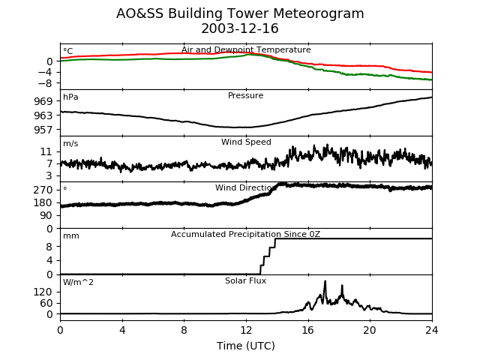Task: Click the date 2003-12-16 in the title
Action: click(x=240, y=29)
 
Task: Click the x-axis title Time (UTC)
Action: click(x=246, y=346)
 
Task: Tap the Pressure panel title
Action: click(x=246, y=96)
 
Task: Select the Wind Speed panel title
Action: click(x=246, y=142)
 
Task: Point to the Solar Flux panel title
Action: click(x=246, y=281)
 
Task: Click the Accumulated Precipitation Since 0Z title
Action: click(x=246, y=235)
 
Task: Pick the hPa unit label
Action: click(x=70, y=97)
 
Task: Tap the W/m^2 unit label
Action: click(x=79, y=283)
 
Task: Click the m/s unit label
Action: click(x=70, y=144)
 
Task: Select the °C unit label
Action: click(x=68, y=52)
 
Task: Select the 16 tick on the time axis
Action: click(x=308, y=330)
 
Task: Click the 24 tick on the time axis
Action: click(x=432, y=330)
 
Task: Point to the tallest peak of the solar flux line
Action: click(x=325, y=281)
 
